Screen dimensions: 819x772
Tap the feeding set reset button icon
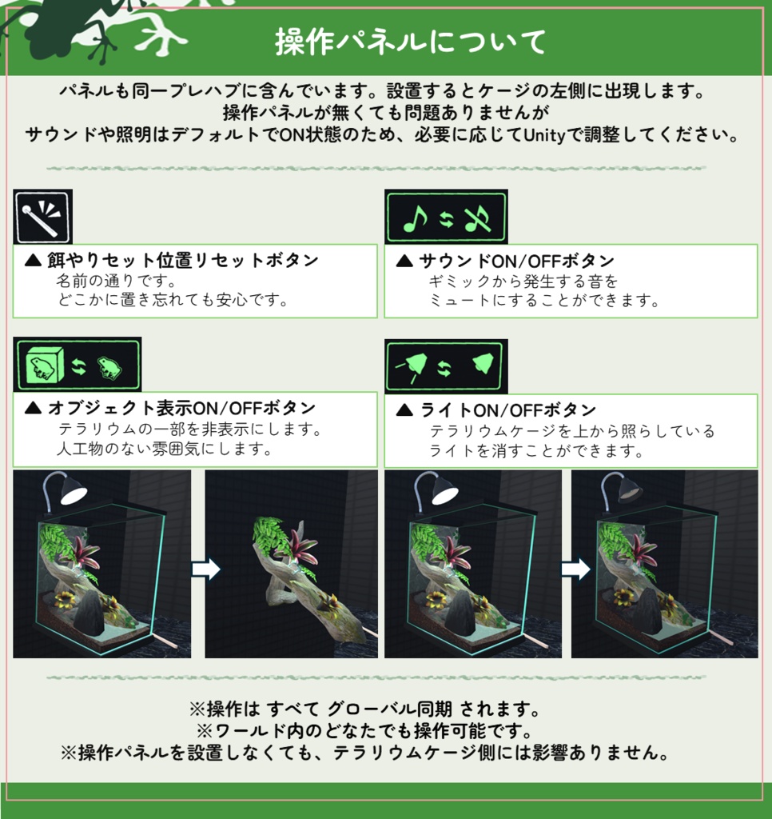pyautogui.click(x=43, y=216)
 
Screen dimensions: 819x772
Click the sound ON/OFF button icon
pyautogui.click(x=446, y=216)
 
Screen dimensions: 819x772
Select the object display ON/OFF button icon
pyautogui.click(x=78, y=365)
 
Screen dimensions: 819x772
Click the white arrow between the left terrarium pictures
pyautogui.click(x=205, y=569)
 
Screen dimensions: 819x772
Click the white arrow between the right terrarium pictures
pyautogui.click(x=575, y=569)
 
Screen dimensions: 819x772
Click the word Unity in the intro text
pyautogui.click(x=544, y=134)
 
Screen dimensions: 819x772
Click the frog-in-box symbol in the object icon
pyautogui.click(x=44, y=366)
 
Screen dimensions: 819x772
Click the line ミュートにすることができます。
pyautogui.click(x=543, y=301)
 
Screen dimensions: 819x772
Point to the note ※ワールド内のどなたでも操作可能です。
pyautogui.click(x=364, y=731)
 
